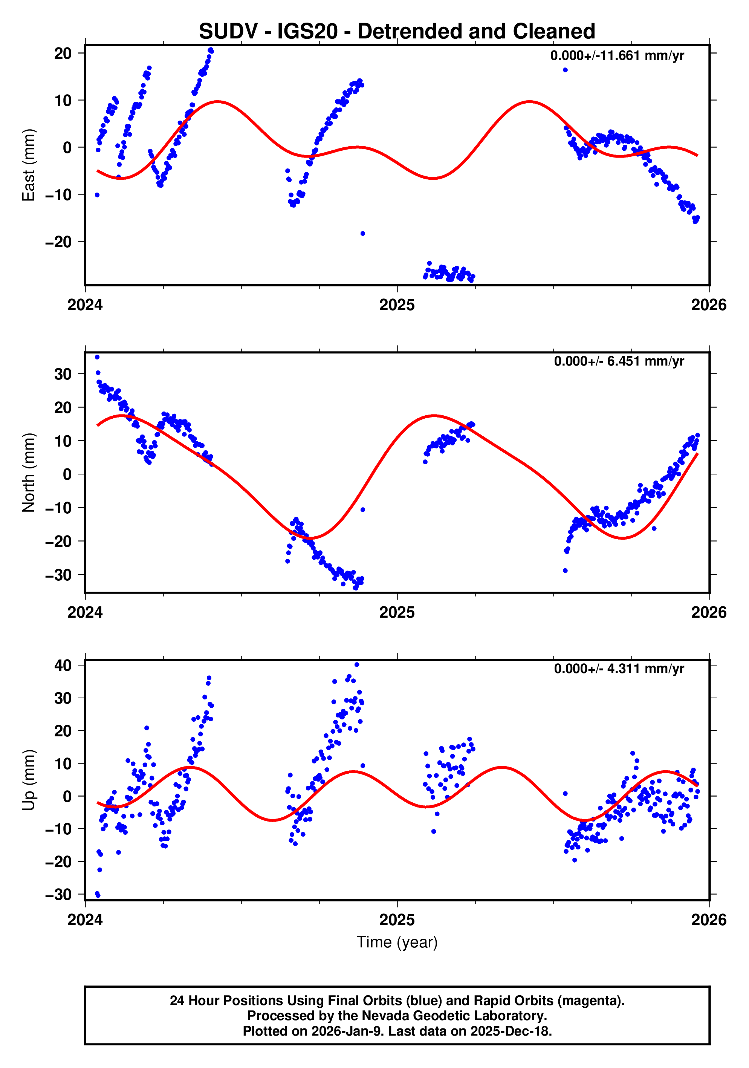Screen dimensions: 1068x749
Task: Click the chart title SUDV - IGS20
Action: pyautogui.click(x=397, y=32)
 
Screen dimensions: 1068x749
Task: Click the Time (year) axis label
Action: pyautogui.click(x=397, y=942)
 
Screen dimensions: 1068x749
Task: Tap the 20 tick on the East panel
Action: pyautogui.click(x=63, y=53)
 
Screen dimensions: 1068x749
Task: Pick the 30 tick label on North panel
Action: pyautogui.click(x=63, y=374)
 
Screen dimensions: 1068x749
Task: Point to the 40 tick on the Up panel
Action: pyautogui.click(x=63, y=665)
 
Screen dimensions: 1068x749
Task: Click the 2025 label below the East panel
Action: pyautogui.click(x=397, y=305)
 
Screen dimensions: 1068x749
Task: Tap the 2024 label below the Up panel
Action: pyautogui.click(x=85, y=920)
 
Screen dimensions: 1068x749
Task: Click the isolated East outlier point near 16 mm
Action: pyautogui.click(x=565, y=70)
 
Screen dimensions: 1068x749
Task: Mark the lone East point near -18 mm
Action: pyautogui.click(x=363, y=234)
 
